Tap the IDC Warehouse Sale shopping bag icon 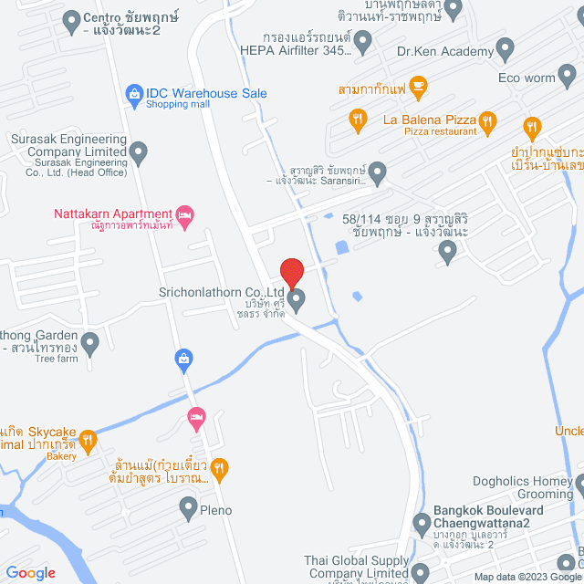pos(134,93)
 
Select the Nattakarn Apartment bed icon pos(185,216)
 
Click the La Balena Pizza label pos(430,120)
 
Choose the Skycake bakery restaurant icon pos(88,440)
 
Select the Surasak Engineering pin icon pos(139,152)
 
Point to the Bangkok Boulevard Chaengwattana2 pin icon pos(422,524)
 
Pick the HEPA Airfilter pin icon pos(362,40)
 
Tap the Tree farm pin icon pos(89,344)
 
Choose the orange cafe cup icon pos(418,88)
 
